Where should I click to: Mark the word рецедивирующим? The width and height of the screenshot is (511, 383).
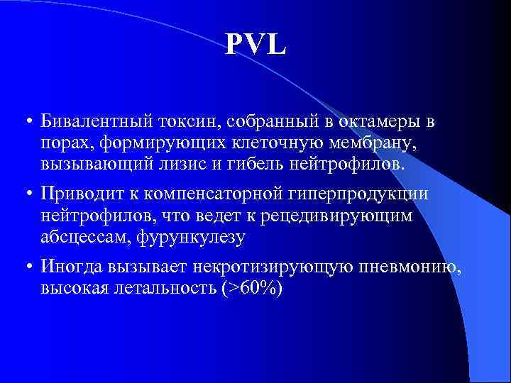pos(347,216)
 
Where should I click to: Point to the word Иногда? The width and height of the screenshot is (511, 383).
pos(71,267)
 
